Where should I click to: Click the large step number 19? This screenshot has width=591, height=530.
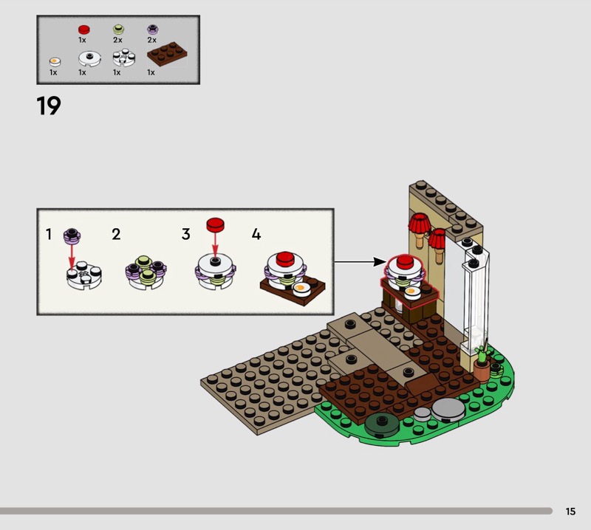(x=49, y=106)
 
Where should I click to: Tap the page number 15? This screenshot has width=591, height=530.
(x=570, y=511)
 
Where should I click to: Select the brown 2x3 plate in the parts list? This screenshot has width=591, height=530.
(x=167, y=54)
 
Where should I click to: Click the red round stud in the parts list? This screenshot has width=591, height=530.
(x=83, y=30)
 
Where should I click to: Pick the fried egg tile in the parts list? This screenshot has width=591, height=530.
(x=55, y=61)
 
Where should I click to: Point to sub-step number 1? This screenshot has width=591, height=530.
(x=48, y=234)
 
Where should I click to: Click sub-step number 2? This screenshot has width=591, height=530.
(x=116, y=234)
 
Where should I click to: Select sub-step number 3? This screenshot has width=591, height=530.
(x=186, y=234)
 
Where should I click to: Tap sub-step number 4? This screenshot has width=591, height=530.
(x=256, y=234)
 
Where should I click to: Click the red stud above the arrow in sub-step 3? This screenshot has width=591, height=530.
(x=215, y=225)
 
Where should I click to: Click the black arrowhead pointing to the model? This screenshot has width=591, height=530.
(x=380, y=262)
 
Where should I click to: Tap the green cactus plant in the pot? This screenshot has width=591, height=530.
(x=482, y=354)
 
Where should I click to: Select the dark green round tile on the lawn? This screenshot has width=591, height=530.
(x=382, y=424)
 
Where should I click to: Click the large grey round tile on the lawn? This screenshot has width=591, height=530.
(x=448, y=409)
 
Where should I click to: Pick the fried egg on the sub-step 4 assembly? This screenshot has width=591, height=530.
(x=301, y=289)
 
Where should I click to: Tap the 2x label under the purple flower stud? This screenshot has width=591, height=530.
(x=152, y=40)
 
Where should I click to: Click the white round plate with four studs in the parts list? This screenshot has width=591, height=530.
(x=123, y=58)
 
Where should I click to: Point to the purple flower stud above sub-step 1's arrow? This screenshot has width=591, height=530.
(x=72, y=235)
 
